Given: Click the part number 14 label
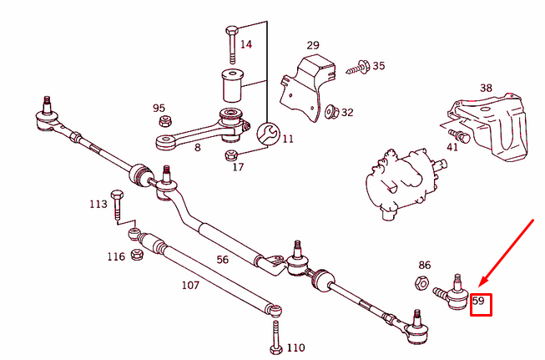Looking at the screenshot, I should pyautogui.click(x=246, y=43).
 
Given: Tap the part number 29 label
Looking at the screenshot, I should pyautogui.click(x=313, y=45).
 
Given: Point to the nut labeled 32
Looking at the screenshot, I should pyautogui.click(x=330, y=110).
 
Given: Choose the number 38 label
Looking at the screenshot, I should pyautogui.click(x=486, y=87).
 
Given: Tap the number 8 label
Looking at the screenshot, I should pyautogui.click(x=197, y=148).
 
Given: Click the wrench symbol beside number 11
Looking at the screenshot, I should pyautogui.click(x=267, y=133).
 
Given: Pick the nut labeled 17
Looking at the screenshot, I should pyautogui.click(x=231, y=155).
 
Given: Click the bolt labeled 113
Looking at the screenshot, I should pyautogui.click(x=117, y=205).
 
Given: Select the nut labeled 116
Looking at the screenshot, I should pyautogui.click(x=134, y=255).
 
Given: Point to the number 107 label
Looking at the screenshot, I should pyautogui.click(x=190, y=285).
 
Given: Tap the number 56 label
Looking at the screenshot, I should pyautogui.click(x=222, y=260).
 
